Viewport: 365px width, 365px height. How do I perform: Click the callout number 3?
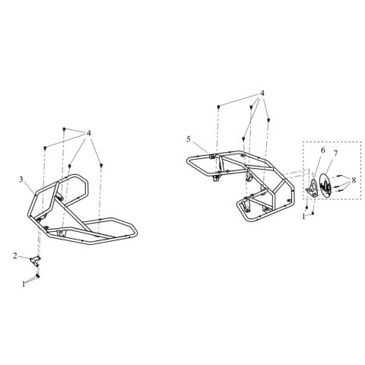21,179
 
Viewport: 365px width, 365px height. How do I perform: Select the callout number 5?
189,139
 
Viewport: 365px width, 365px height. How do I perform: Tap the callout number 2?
15,255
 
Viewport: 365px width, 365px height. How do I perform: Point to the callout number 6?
322,151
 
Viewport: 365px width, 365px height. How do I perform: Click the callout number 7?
335,154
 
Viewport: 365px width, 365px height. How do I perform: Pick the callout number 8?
354,180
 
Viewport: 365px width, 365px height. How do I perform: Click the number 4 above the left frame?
88,133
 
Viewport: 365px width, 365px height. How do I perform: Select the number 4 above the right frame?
262,94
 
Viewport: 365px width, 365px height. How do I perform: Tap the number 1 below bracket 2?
24,284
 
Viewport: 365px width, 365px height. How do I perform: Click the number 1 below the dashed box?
303,217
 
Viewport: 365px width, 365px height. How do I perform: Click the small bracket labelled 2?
35,260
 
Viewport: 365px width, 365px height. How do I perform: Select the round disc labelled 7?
326,185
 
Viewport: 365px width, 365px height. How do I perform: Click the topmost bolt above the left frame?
65,129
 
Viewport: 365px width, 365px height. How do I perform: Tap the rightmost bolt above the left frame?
101,165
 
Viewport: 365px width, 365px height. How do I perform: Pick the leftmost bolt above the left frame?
45,148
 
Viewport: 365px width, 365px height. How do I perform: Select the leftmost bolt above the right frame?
218,106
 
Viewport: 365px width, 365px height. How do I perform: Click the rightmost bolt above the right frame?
269,119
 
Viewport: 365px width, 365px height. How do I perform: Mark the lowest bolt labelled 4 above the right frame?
243,138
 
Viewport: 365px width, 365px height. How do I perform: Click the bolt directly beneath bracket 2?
38,275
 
